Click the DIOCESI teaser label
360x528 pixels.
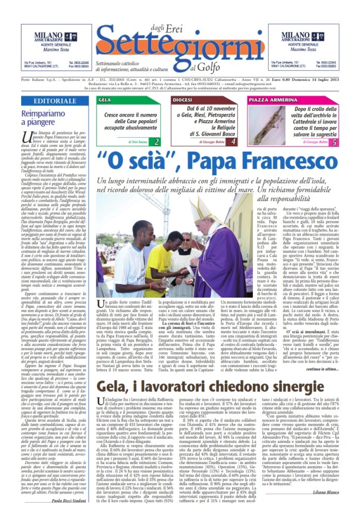(x=183, y=100)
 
